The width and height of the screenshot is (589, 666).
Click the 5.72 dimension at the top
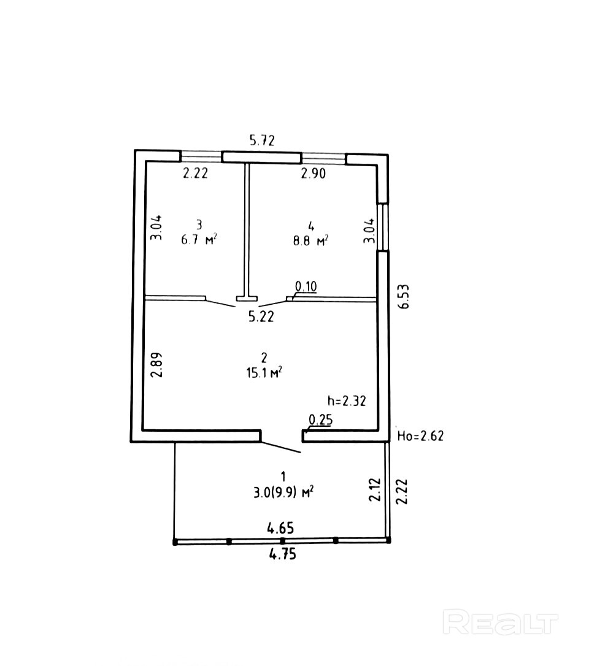pos(261,140)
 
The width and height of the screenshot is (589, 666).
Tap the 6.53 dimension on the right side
pos(404,296)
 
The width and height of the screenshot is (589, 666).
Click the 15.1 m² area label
pos(263,372)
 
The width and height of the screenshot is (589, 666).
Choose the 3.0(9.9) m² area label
pos(283,491)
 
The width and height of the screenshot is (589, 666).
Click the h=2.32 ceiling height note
pos(347,401)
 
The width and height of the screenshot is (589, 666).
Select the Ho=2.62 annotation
pos(420,436)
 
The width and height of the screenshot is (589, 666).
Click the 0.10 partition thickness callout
pos(306,286)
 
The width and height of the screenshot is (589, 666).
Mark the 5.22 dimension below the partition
pos(261,317)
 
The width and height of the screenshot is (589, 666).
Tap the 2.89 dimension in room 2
pos(157,364)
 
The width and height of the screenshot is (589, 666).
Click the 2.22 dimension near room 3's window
pos(196,174)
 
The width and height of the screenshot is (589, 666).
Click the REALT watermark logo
pos(501,622)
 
